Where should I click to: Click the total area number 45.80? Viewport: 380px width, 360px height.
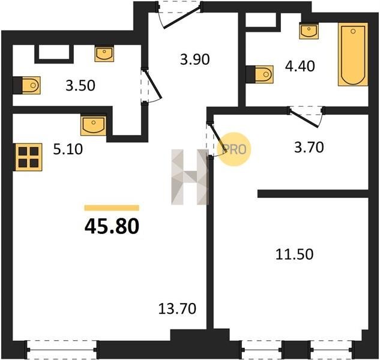tap(112, 226)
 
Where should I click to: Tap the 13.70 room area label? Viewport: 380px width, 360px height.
tap(177, 309)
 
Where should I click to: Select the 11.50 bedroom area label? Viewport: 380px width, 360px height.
tap(294, 254)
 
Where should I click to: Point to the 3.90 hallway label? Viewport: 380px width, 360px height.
tap(195, 59)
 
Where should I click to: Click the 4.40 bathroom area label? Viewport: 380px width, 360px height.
tap(300, 66)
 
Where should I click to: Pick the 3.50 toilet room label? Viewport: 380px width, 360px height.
tap(80, 86)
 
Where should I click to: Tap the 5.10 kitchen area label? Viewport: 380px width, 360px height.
tap(68, 149)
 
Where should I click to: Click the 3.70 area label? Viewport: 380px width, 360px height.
tap(309, 147)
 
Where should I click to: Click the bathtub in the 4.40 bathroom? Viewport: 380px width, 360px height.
tap(353, 54)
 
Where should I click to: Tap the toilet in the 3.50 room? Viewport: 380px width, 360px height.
tap(26, 85)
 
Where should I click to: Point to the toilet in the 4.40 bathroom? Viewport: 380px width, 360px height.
tap(259, 74)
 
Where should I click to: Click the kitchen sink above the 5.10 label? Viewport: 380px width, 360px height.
tap(93, 125)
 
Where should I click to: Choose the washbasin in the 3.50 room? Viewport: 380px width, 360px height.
tap(104, 54)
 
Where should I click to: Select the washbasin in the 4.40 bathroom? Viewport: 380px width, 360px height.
tap(309, 31)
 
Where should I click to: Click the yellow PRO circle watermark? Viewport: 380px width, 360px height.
tap(234, 149)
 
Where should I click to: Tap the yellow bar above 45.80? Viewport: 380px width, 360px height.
tap(112, 208)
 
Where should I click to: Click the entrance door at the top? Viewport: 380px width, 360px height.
tap(179, 14)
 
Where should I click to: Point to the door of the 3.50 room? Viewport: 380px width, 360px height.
tap(151, 86)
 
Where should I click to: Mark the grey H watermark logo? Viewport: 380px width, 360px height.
tap(190, 177)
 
